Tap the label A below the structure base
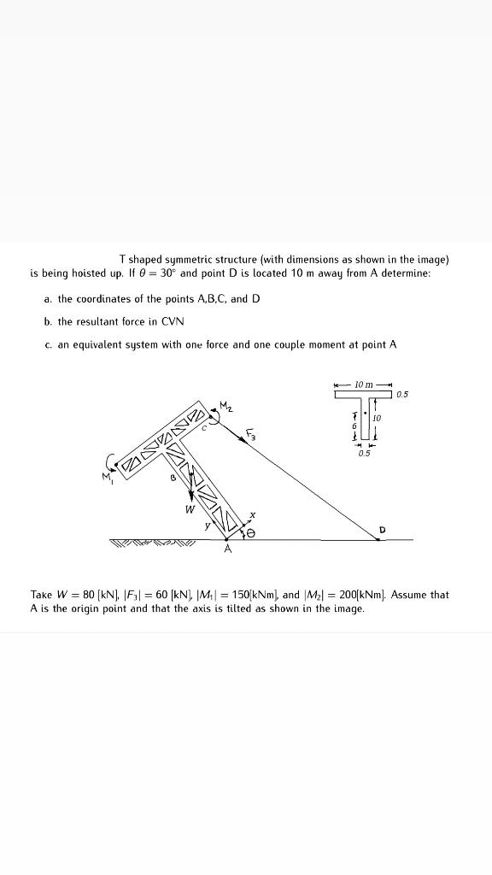pos(226,550)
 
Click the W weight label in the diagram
pos(190,510)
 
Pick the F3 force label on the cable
pos(250,436)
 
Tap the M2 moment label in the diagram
pos(225,404)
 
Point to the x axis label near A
pos(253,514)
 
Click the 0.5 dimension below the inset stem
pos(365,453)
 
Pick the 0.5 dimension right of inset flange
pos(402,395)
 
